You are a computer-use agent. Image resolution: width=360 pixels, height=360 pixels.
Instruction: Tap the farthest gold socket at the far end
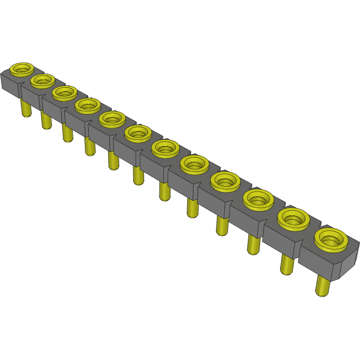[x=22, y=69]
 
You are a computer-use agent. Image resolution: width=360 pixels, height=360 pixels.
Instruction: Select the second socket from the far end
[x=43, y=81]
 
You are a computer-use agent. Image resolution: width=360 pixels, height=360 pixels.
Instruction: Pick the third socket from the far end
[x=65, y=92]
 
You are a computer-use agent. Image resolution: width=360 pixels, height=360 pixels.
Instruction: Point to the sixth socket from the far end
[x=138, y=133]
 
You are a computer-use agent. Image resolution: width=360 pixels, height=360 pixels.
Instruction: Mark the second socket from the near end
[x=293, y=218]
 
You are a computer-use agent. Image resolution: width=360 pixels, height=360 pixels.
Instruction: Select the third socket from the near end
[x=258, y=199]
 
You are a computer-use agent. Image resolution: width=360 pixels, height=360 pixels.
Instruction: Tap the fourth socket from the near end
[x=225, y=181]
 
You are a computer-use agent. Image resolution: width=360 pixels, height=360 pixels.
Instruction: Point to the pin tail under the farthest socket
[x=26, y=109]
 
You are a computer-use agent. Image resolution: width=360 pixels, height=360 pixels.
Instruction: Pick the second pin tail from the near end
[x=286, y=264]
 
